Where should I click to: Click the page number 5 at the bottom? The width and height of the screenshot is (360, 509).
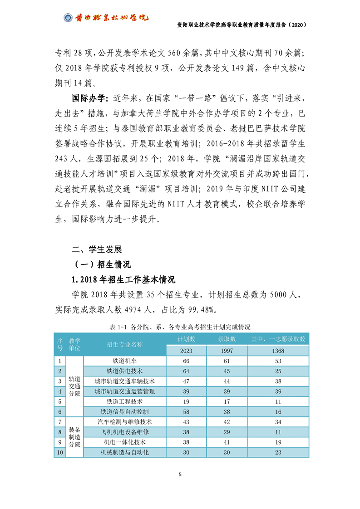point(180,475)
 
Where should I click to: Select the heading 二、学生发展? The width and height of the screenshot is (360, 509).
point(97,249)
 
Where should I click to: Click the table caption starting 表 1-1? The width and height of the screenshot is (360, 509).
point(180,327)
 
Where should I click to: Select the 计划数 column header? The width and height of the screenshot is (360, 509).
point(186,339)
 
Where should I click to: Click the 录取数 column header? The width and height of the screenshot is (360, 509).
point(227,339)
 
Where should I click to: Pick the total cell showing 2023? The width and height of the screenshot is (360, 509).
point(186,351)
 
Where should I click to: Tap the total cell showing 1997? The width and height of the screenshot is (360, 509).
point(227,351)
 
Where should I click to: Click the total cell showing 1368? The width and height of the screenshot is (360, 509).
point(278,351)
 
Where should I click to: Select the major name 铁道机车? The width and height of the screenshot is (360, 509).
point(125,361)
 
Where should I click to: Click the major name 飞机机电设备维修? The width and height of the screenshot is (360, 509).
point(125,431)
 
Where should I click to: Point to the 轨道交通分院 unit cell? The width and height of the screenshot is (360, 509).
point(75,386)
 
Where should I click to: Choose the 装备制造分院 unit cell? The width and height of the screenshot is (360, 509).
point(75,437)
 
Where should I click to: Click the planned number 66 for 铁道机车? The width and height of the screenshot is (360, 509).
point(186,361)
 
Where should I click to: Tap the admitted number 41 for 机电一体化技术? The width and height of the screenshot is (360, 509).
point(227,442)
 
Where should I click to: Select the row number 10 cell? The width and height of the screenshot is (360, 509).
point(60,452)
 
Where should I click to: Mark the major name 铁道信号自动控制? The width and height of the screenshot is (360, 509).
point(125,411)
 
